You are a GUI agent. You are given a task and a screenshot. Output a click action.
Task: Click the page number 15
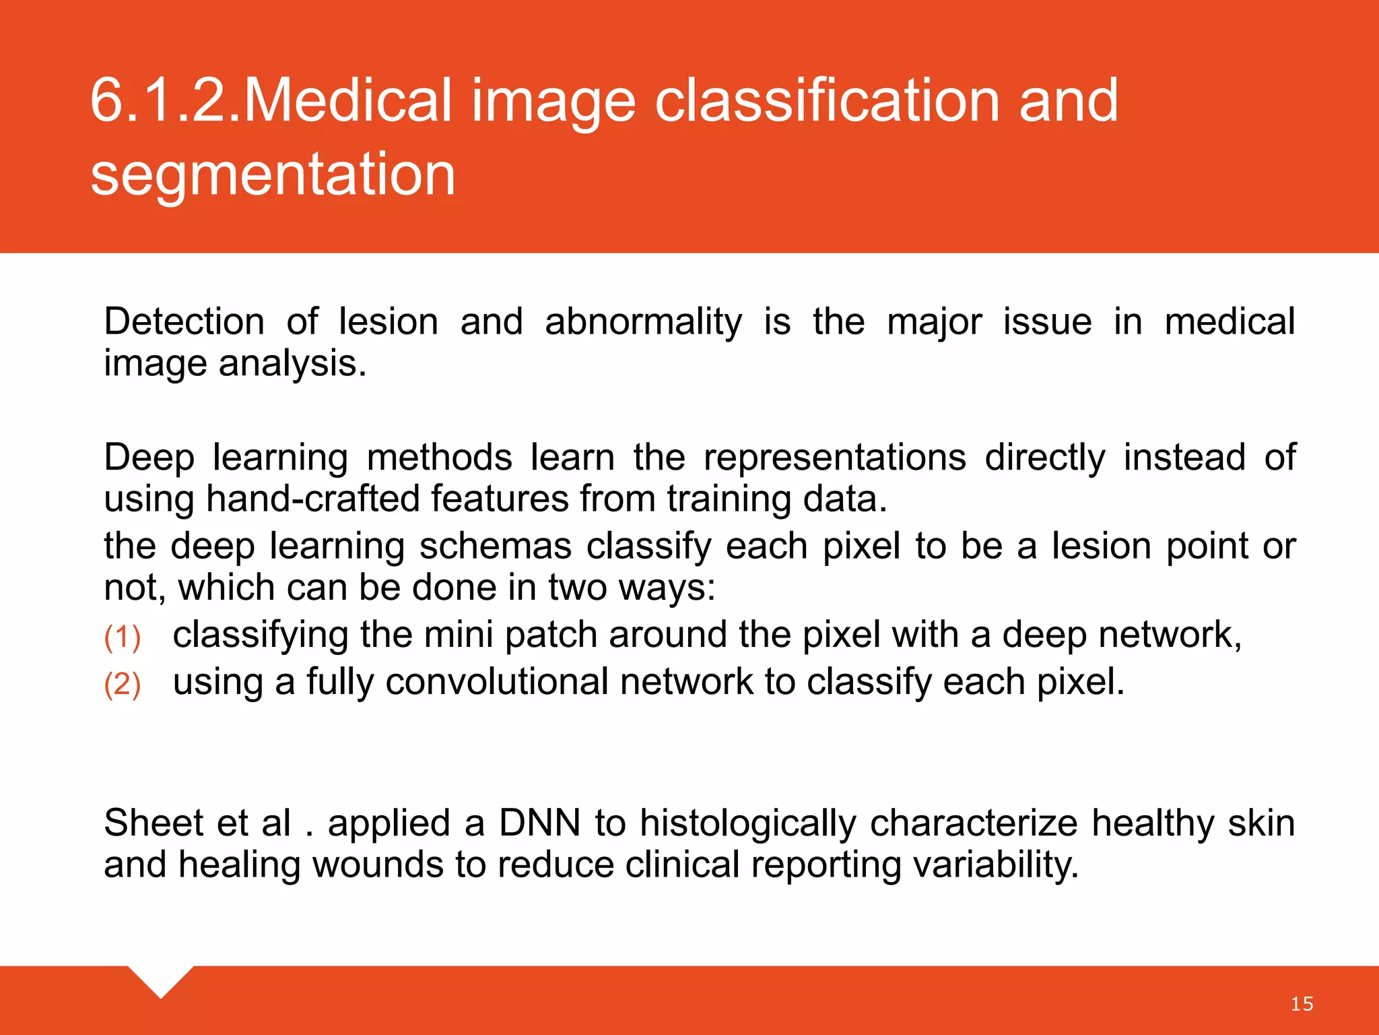pos(1302,1004)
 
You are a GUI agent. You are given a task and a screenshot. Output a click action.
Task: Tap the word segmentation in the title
pos(273,175)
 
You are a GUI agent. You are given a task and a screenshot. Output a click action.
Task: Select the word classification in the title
pos(828,101)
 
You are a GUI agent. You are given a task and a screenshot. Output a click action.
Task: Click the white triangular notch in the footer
pos(161,979)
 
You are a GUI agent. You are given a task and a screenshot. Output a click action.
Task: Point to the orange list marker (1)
pos(123,637)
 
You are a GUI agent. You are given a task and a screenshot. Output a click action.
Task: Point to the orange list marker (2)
pos(123,685)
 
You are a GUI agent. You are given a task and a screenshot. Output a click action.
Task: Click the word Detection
pos(184,321)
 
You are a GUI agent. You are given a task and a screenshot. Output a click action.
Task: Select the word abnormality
pos(643,321)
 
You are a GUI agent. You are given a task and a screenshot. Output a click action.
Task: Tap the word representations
pos(834,458)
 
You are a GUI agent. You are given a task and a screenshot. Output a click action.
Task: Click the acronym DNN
pos(539,823)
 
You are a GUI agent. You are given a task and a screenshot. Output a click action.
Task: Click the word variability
pos(996,865)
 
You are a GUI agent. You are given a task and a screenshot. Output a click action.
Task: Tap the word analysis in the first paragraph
pos(292,365)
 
